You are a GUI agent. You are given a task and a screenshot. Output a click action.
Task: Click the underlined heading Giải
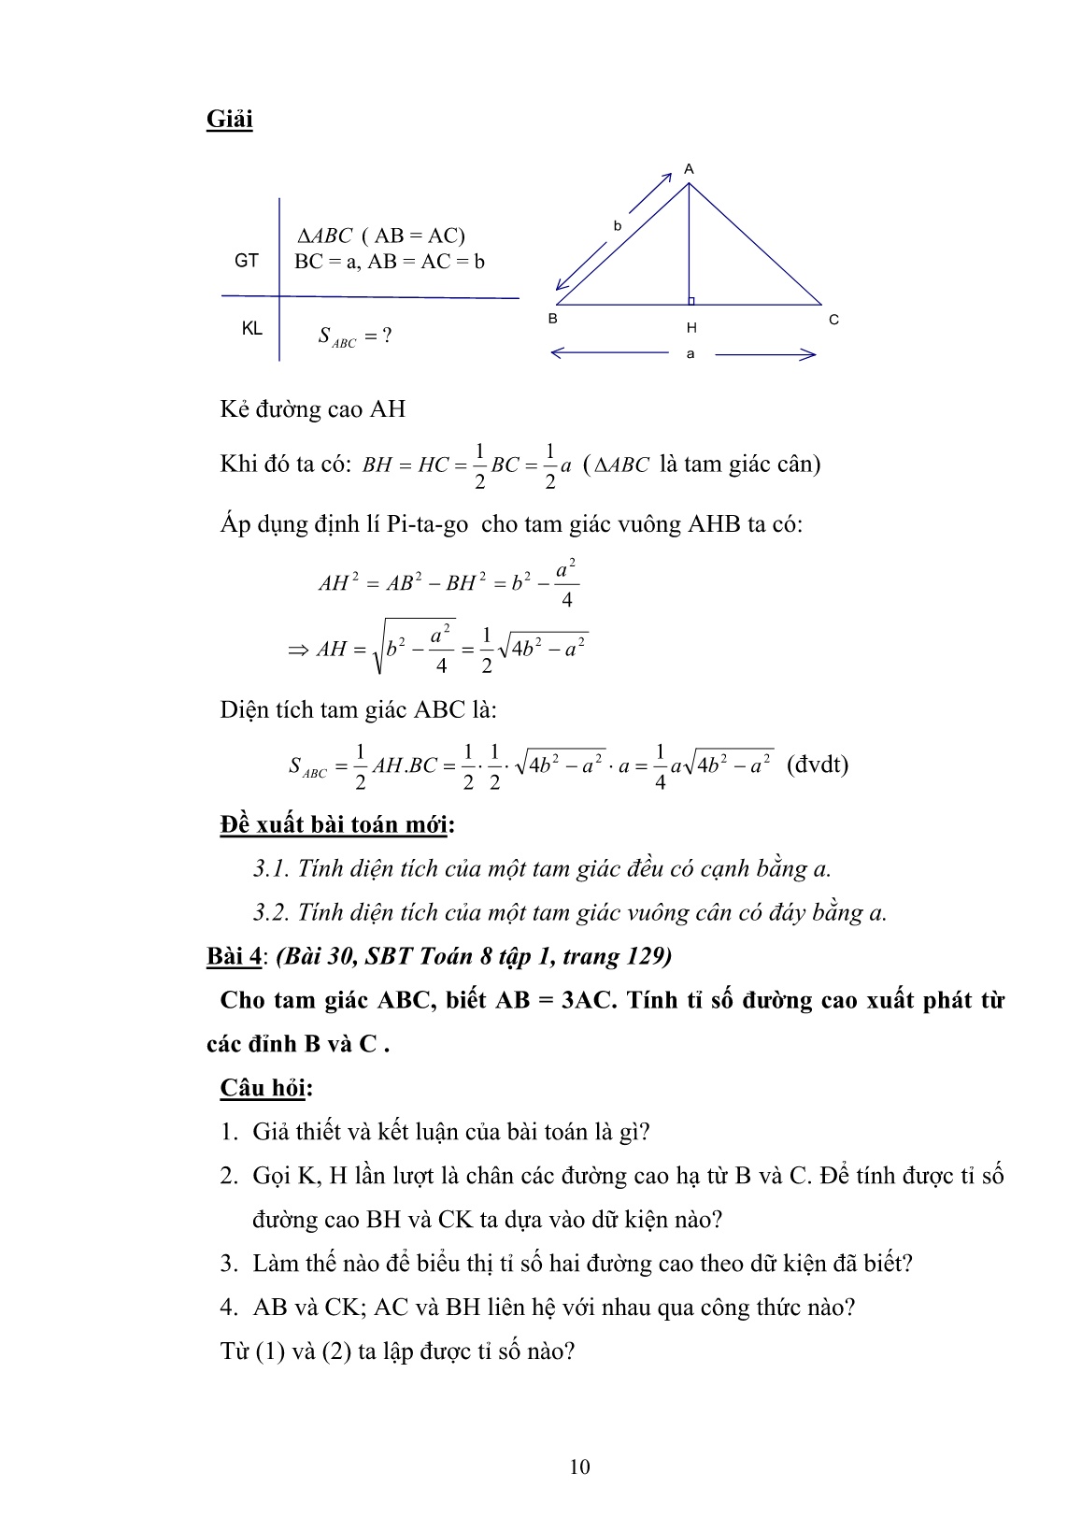click(229, 121)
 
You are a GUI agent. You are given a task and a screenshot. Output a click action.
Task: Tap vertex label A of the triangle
click(689, 169)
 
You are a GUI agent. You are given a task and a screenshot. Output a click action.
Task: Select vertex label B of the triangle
click(553, 319)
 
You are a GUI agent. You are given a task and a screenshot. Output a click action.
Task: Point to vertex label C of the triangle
click(833, 320)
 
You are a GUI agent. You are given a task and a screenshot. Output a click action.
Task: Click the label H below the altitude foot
click(691, 328)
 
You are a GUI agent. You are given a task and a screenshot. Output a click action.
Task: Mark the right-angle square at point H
click(692, 300)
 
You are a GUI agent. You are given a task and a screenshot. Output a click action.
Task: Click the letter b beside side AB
click(617, 225)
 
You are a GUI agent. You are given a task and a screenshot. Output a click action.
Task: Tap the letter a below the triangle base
click(690, 354)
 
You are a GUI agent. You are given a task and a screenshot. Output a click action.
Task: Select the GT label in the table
click(247, 261)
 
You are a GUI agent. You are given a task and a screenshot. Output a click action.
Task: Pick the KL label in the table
click(251, 329)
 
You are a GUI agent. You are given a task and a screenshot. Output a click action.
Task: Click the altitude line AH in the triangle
click(690, 243)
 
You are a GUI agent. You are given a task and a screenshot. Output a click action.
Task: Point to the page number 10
click(579, 1466)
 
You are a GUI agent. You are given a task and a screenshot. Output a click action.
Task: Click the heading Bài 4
click(234, 956)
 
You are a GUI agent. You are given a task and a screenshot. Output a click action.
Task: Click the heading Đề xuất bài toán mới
click(336, 825)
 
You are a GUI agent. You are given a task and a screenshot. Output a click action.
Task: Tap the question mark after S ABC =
click(386, 336)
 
